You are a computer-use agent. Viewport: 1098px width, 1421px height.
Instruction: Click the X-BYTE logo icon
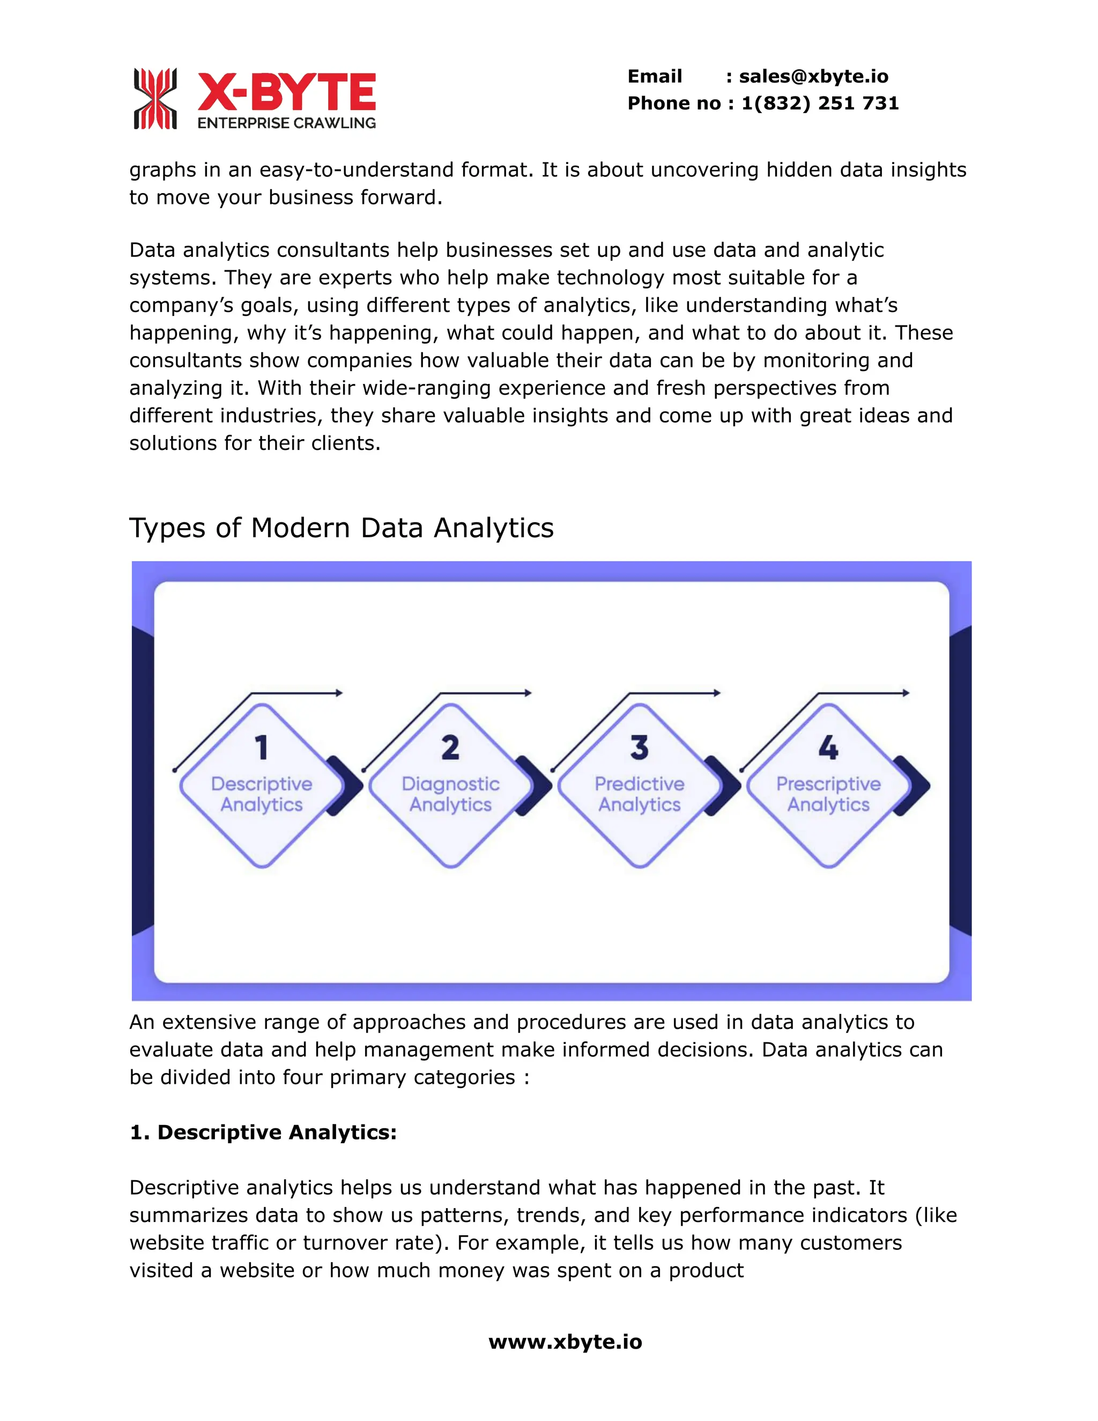[155, 99]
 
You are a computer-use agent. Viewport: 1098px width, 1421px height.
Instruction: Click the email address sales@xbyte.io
[813, 76]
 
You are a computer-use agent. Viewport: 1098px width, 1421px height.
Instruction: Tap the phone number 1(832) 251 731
[820, 103]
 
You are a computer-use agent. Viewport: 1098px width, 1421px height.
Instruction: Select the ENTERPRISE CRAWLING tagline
[286, 123]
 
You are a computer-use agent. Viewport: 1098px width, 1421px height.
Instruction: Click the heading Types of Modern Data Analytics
[341, 528]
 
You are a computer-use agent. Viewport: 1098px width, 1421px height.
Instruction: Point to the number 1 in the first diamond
[262, 747]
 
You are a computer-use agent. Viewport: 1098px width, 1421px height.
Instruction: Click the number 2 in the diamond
[450, 747]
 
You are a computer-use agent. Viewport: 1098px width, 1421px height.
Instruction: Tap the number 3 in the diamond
[640, 747]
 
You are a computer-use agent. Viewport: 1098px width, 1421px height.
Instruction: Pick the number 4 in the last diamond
[828, 747]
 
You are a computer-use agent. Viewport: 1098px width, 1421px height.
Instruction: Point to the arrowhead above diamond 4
[906, 693]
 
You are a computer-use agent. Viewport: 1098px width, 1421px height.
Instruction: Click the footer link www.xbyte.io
[565, 1342]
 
